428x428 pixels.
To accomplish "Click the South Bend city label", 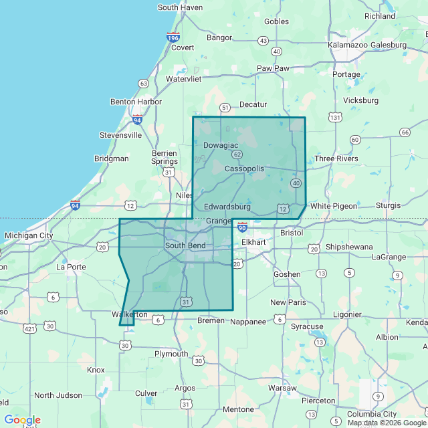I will pyautogui.click(x=185, y=245).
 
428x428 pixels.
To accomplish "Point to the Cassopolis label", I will pyautogui.click(x=244, y=169).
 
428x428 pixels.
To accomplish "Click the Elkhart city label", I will pyautogui.click(x=253, y=241).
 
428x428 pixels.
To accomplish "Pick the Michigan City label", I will pyautogui.click(x=29, y=235).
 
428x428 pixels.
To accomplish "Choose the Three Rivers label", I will pyautogui.click(x=336, y=158).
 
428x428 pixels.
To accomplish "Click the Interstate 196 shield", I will pyautogui.click(x=173, y=37).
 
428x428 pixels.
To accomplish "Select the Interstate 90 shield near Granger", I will pyautogui.click(x=242, y=228).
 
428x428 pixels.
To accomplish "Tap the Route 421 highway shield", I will pyautogui.click(x=29, y=328).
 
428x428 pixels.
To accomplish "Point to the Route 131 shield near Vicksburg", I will pyautogui.click(x=335, y=118).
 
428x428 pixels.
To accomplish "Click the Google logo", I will pyautogui.click(x=22, y=420).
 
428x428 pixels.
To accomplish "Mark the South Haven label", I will pyautogui.click(x=180, y=7).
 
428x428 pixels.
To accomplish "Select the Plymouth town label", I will pyautogui.click(x=171, y=354).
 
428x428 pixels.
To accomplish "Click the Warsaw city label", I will pyautogui.click(x=282, y=388).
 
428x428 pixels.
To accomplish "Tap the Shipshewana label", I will pyautogui.click(x=349, y=247).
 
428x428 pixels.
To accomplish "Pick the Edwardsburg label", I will pyautogui.click(x=227, y=207).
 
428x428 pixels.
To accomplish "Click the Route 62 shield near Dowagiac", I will pyautogui.click(x=237, y=154).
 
